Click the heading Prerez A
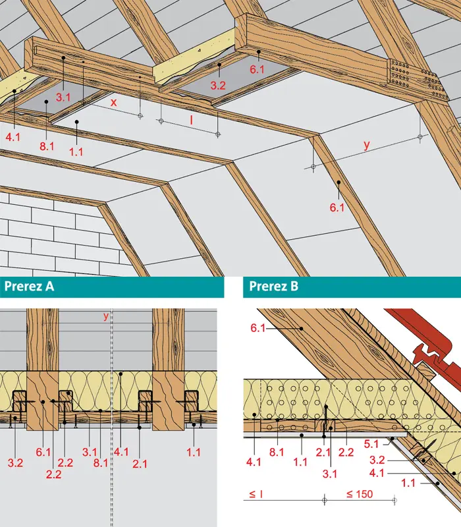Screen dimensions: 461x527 29,287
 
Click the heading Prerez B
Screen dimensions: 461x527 273,287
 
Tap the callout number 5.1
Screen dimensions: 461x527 371,444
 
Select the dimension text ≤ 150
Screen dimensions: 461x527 360,494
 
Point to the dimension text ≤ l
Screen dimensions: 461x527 256,494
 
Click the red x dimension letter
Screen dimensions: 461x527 113,102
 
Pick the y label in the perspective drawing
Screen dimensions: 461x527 367,145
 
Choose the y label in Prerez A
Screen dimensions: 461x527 106,316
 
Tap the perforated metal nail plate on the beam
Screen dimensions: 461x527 417,80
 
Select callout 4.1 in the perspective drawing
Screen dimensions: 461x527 13,137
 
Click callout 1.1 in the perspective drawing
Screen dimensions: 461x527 76,152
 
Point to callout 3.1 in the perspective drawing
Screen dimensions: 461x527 63,97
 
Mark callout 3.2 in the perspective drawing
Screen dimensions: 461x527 218,86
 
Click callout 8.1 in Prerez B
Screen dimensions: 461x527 277,452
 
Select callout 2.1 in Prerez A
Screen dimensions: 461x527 140,464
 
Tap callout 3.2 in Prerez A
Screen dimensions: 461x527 15,462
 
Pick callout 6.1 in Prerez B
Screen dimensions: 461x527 258,327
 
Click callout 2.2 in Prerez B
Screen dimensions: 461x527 346,452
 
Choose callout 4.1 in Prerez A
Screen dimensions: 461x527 121,452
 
